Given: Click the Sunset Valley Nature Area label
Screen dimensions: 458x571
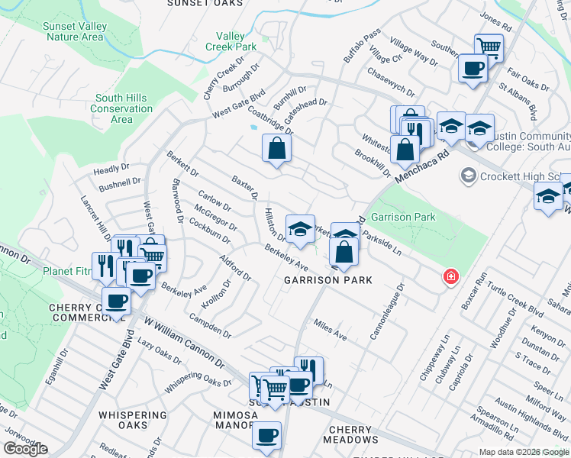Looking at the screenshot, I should [75, 31].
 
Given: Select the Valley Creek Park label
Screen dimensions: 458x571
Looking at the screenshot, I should [231, 41].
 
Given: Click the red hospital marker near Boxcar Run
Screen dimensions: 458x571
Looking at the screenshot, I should [452, 276].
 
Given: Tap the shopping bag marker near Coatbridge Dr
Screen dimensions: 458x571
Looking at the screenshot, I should [276, 149].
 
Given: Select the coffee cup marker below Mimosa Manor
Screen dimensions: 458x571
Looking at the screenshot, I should [267, 435].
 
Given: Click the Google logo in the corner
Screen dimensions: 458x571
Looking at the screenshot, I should [25, 449].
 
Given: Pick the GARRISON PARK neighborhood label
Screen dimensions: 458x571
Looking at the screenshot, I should [328, 280].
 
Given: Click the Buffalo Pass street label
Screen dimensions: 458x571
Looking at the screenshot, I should [361, 47].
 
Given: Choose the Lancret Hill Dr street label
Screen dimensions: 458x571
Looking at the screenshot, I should [95, 217].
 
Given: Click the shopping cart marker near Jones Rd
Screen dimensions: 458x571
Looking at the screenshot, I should [489, 47].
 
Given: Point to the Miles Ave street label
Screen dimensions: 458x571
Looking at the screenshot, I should [331, 330].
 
